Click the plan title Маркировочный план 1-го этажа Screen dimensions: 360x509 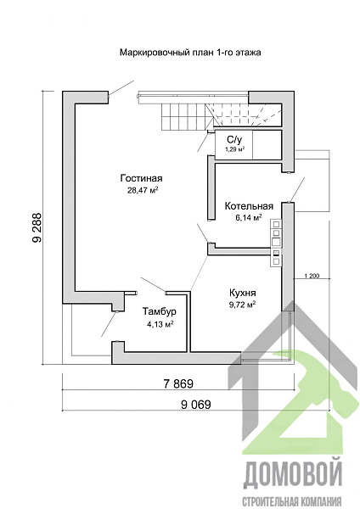[190, 53]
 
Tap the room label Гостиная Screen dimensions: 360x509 [141, 178]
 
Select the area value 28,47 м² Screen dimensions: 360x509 [143, 190]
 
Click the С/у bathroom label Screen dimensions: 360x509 [234, 140]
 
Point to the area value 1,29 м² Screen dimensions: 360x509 [234, 149]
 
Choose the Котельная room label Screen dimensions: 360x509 [249, 206]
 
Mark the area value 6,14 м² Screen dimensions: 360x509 [249, 217]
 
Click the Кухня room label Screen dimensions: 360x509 [242, 293]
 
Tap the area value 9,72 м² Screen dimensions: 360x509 [242, 305]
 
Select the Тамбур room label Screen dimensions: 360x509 [160, 311]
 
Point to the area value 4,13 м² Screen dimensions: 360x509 [160, 324]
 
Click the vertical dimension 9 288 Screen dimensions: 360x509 [37, 227]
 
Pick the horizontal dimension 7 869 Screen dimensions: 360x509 [178, 383]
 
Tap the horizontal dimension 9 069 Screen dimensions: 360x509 [196, 405]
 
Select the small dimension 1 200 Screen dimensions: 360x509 [312, 277]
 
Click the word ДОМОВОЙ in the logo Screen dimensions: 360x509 [293, 477]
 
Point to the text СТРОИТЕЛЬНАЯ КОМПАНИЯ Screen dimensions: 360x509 [292, 501]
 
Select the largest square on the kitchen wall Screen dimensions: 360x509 [276, 242]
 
